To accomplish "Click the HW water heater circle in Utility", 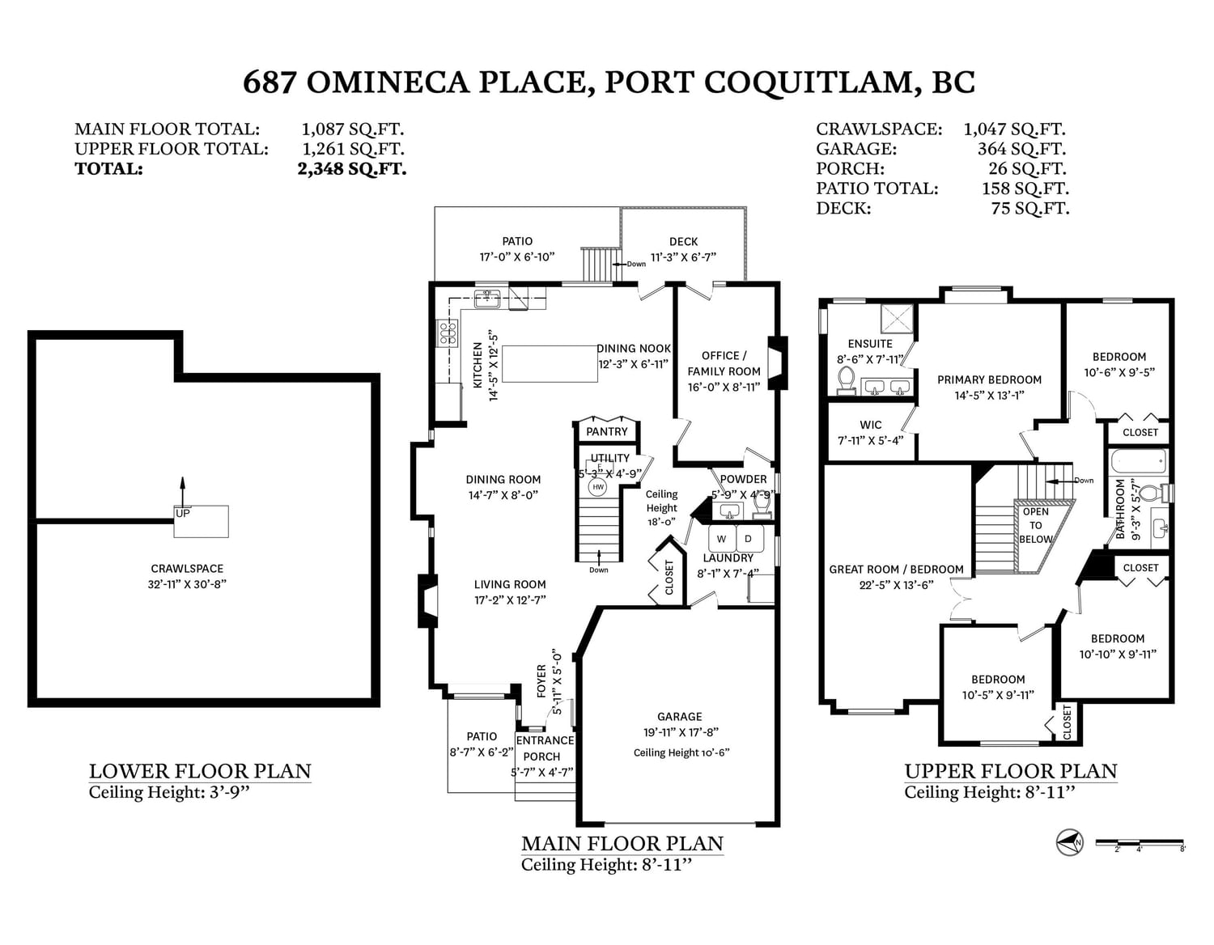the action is point(598,487).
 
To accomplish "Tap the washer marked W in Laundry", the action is point(722,538).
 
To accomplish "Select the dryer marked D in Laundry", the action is point(749,538).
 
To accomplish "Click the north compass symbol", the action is point(1069,841).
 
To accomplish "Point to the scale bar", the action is point(1140,842).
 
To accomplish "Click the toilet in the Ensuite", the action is point(847,380).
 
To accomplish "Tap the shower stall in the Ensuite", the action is point(897,320).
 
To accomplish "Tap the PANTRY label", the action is point(607,432).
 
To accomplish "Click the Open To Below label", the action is point(1035,526).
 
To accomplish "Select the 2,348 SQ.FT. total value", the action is point(352,168).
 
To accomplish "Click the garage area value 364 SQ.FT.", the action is point(1021,149).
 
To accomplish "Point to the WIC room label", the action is point(870,425).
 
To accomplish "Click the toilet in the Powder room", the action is point(762,504).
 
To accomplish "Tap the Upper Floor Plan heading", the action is point(1011,771).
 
